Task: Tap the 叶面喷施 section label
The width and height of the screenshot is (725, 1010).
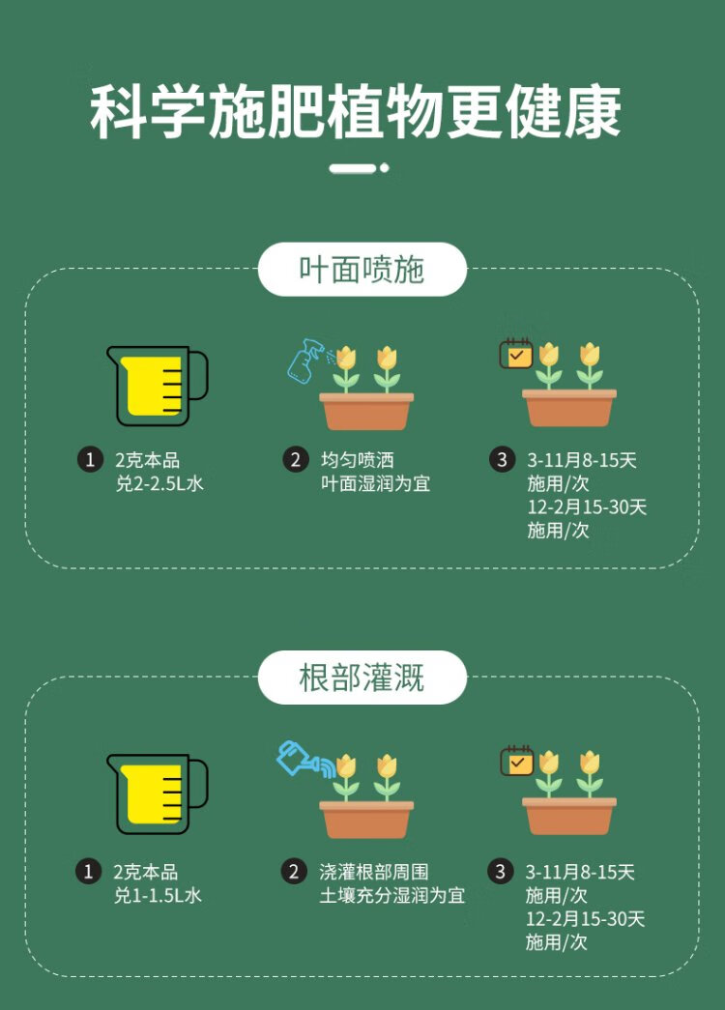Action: click(362, 270)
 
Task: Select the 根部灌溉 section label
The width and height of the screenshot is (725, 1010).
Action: click(362, 678)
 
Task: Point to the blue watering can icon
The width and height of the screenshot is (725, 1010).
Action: click(302, 759)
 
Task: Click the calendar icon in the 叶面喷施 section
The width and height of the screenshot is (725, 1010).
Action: click(515, 353)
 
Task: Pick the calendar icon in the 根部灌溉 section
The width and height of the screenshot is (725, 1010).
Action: click(516, 761)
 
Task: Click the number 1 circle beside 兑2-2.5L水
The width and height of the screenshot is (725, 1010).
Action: click(89, 460)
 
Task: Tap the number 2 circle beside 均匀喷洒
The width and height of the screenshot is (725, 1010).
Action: click(296, 460)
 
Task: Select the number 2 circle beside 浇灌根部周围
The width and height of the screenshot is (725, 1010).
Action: click(295, 872)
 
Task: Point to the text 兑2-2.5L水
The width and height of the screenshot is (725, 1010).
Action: click(159, 484)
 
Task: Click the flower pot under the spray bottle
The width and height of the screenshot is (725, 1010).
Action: click(366, 410)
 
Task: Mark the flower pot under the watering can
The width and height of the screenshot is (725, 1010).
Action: click(366, 819)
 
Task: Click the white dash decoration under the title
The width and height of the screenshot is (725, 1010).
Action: click(359, 168)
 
